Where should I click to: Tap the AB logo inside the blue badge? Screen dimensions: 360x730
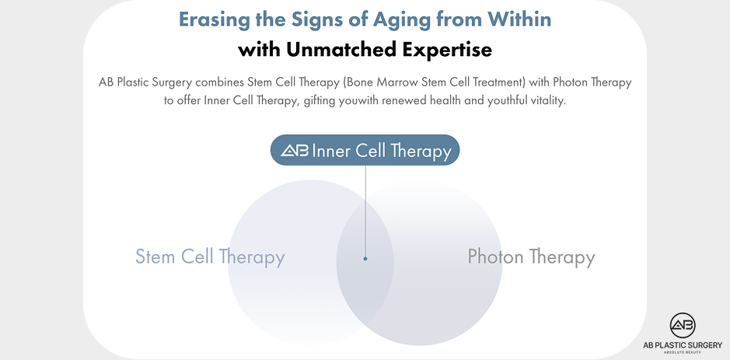pos(294,151)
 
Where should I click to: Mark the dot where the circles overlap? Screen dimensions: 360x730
pos(365,259)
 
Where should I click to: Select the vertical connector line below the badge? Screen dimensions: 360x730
pos(365,210)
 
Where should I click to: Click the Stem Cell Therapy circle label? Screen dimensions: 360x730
pos(210,257)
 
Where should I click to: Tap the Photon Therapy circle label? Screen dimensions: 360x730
pos(531,257)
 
